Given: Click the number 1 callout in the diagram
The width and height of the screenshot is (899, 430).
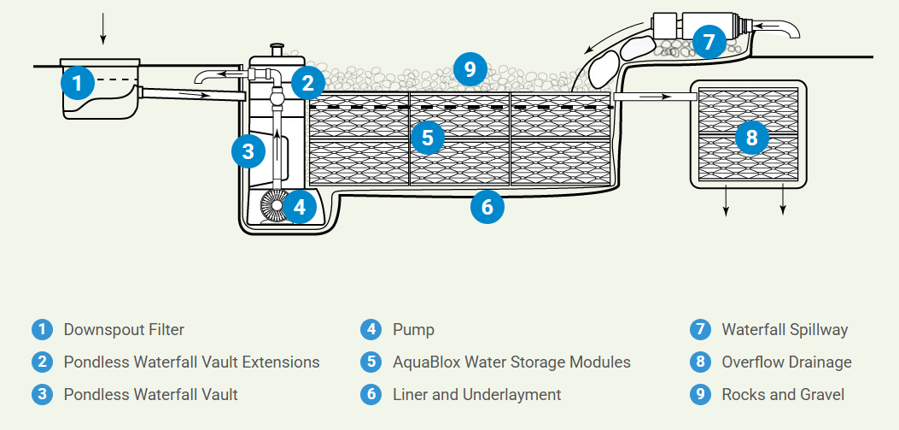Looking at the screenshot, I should (78, 83).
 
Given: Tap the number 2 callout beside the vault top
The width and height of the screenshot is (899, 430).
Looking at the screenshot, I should (307, 83).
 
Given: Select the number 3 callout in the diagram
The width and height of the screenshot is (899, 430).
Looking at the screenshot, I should (248, 151).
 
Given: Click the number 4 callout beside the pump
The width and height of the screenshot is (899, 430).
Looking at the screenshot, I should (299, 206).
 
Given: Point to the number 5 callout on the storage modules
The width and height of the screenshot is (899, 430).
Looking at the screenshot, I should (427, 136).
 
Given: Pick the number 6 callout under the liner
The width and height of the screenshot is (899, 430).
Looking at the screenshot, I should (487, 206).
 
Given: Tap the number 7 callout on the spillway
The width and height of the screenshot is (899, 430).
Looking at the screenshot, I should (709, 39).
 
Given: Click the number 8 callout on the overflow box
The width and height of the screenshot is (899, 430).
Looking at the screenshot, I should (751, 136).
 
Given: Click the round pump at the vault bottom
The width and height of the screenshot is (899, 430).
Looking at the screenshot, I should (274, 206).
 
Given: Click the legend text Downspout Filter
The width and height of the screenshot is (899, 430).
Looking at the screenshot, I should (124, 329).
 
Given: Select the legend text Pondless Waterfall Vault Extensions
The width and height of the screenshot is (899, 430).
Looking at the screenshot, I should (191, 362).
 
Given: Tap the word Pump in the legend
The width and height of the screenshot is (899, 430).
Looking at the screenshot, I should (413, 329).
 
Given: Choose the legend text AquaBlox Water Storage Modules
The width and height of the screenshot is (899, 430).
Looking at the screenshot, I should (511, 362).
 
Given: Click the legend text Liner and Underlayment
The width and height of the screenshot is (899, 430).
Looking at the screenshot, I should (476, 394).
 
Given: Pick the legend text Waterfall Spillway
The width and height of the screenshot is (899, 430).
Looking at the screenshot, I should (785, 329).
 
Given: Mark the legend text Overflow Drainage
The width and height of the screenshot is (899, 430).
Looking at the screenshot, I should (786, 362).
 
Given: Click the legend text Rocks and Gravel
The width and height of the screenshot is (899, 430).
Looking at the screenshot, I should (783, 394).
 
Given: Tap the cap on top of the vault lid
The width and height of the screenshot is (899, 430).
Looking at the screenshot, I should (276, 50).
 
